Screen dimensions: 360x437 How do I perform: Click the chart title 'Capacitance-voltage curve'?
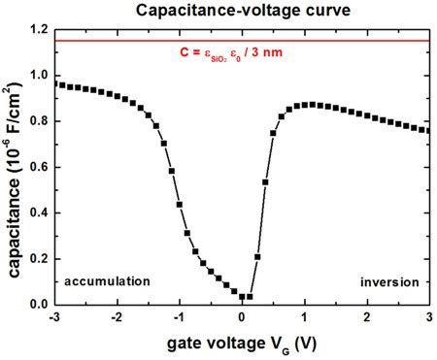(x=242, y=12)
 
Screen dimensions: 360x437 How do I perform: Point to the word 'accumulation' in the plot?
(x=107, y=281)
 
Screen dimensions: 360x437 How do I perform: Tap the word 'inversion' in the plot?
(x=389, y=281)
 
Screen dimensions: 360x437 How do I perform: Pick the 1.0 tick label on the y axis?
(x=40, y=76)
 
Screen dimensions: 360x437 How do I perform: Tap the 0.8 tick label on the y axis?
(x=40, y=121)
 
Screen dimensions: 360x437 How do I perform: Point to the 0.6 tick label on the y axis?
(x=40, y=167)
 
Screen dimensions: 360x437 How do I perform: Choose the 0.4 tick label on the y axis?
(x=40, y=213)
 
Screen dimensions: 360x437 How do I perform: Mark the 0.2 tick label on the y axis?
(x=40, y=258)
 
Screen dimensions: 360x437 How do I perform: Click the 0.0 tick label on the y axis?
(x=40, y=304)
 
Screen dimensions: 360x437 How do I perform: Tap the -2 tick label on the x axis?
(x=117, y=318)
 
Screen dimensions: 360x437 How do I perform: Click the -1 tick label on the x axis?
(x=179, y=318)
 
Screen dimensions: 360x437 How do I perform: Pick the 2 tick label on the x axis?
(x=367, y=318)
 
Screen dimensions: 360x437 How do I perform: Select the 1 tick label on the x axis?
(x=305, y=318)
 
